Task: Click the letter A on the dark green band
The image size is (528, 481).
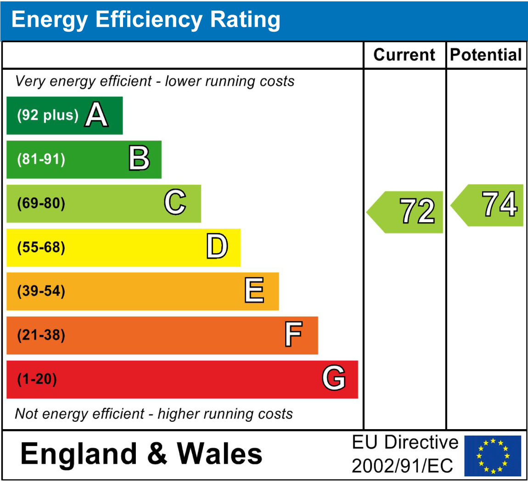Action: coord(96,115)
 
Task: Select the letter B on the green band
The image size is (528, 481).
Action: coord(139,159)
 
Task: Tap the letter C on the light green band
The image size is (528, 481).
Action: coord(175,202)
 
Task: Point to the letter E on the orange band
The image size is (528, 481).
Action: coord(254,291)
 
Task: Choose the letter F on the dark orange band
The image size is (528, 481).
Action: coord(293,335)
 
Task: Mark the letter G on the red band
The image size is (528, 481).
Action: coord(334,379)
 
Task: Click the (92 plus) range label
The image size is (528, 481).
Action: coord(48,115)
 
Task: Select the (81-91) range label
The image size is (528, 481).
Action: coord(41,159)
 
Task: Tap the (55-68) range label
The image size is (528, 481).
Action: coord(41,247)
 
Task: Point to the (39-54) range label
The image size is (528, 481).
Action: coord(41,291)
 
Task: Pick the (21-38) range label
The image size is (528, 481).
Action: coord(41,335)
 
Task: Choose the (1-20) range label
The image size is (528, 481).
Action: coord(37,379)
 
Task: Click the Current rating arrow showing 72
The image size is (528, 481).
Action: coord(406,212)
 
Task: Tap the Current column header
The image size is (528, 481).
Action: coord(404,55)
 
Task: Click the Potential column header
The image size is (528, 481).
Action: coord(486,55)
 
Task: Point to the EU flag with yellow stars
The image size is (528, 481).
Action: coord(493,456)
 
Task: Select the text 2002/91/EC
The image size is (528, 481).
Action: coord(402,466)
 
